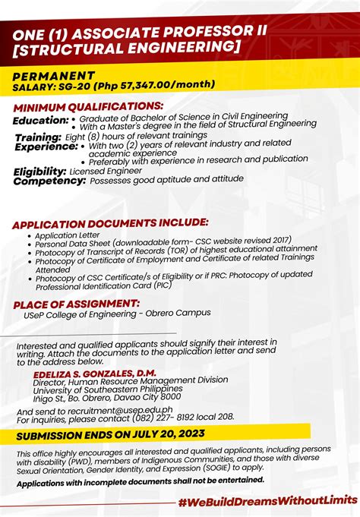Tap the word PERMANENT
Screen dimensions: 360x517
point(53,76)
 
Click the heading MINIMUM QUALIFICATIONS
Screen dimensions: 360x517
point(87,106)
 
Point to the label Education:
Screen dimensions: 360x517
point(40,120)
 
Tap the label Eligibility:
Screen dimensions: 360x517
point(39,172)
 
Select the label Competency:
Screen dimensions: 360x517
point(48,181)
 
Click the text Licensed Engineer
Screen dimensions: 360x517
point(106,172)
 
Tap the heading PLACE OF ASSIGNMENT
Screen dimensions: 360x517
point(75,304)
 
